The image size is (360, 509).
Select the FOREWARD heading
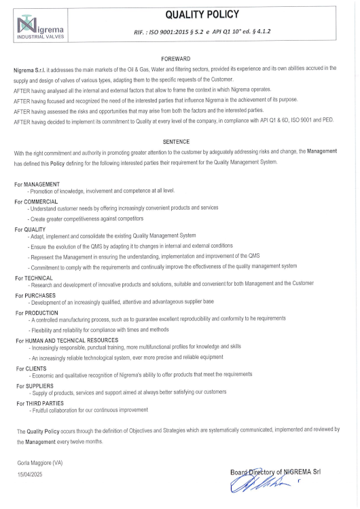click(180, 59)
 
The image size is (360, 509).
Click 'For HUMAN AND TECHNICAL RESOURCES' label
click(67, 340)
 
